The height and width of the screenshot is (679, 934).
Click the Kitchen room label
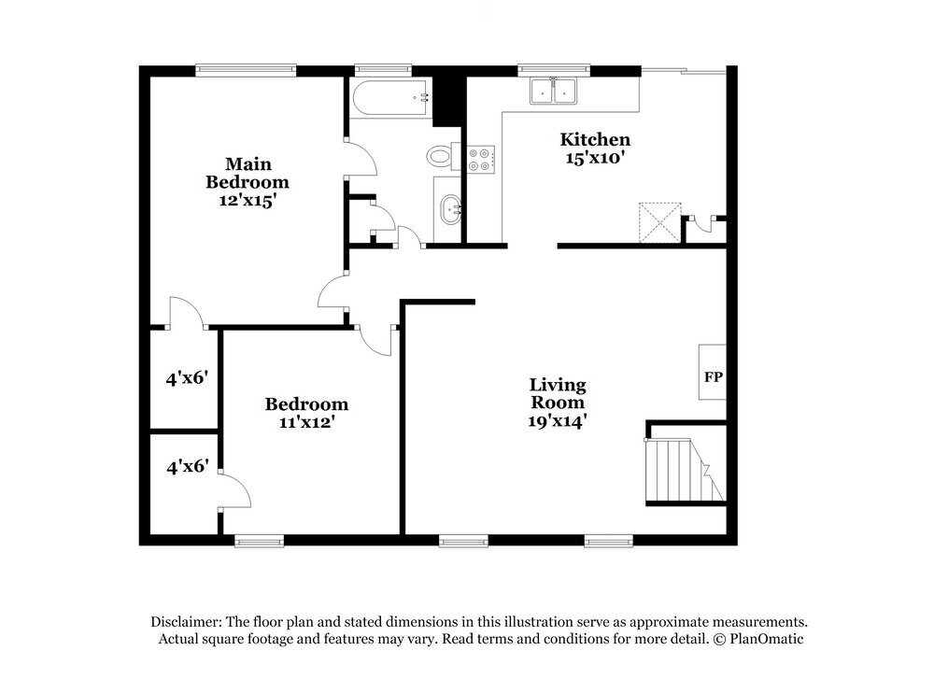(x=594, y=139)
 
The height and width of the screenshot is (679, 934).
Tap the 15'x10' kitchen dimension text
(x=594, y=158)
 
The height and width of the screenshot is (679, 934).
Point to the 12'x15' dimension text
(x=247, y=199)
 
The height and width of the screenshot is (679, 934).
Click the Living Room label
(x=558, y=393)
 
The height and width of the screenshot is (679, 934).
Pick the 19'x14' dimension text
(x=558, y=420)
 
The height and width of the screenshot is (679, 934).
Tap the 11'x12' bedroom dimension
(x=306, y=422)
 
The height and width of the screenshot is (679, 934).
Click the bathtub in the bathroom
(x=390, y=97)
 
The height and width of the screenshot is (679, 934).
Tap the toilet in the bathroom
(x=440, y=156)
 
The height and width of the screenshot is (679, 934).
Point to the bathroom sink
(x=449, y=210)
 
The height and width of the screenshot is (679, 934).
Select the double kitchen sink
(x=553, y=91)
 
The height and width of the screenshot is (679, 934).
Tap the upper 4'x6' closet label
(x=186, y=378)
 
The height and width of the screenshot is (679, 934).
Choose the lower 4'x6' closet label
(x=186, y=465)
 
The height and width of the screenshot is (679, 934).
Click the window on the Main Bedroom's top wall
(x=246, y=68)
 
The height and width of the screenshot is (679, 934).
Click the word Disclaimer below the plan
(x=187, y=621)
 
